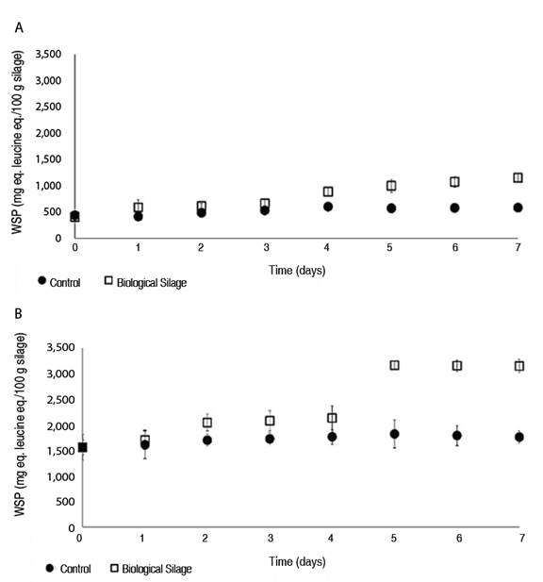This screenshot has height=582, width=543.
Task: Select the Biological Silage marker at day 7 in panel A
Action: [x=518, y=177]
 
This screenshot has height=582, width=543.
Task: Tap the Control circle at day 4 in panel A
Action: [x=328, y=207]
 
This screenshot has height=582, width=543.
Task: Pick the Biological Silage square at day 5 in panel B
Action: [x=394, y=365]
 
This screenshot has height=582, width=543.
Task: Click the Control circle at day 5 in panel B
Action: [x=394, y=434]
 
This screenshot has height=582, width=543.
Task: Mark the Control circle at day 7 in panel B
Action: [x=518, y=437]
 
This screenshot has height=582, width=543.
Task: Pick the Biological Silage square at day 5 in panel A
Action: [x=391, y=186]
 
